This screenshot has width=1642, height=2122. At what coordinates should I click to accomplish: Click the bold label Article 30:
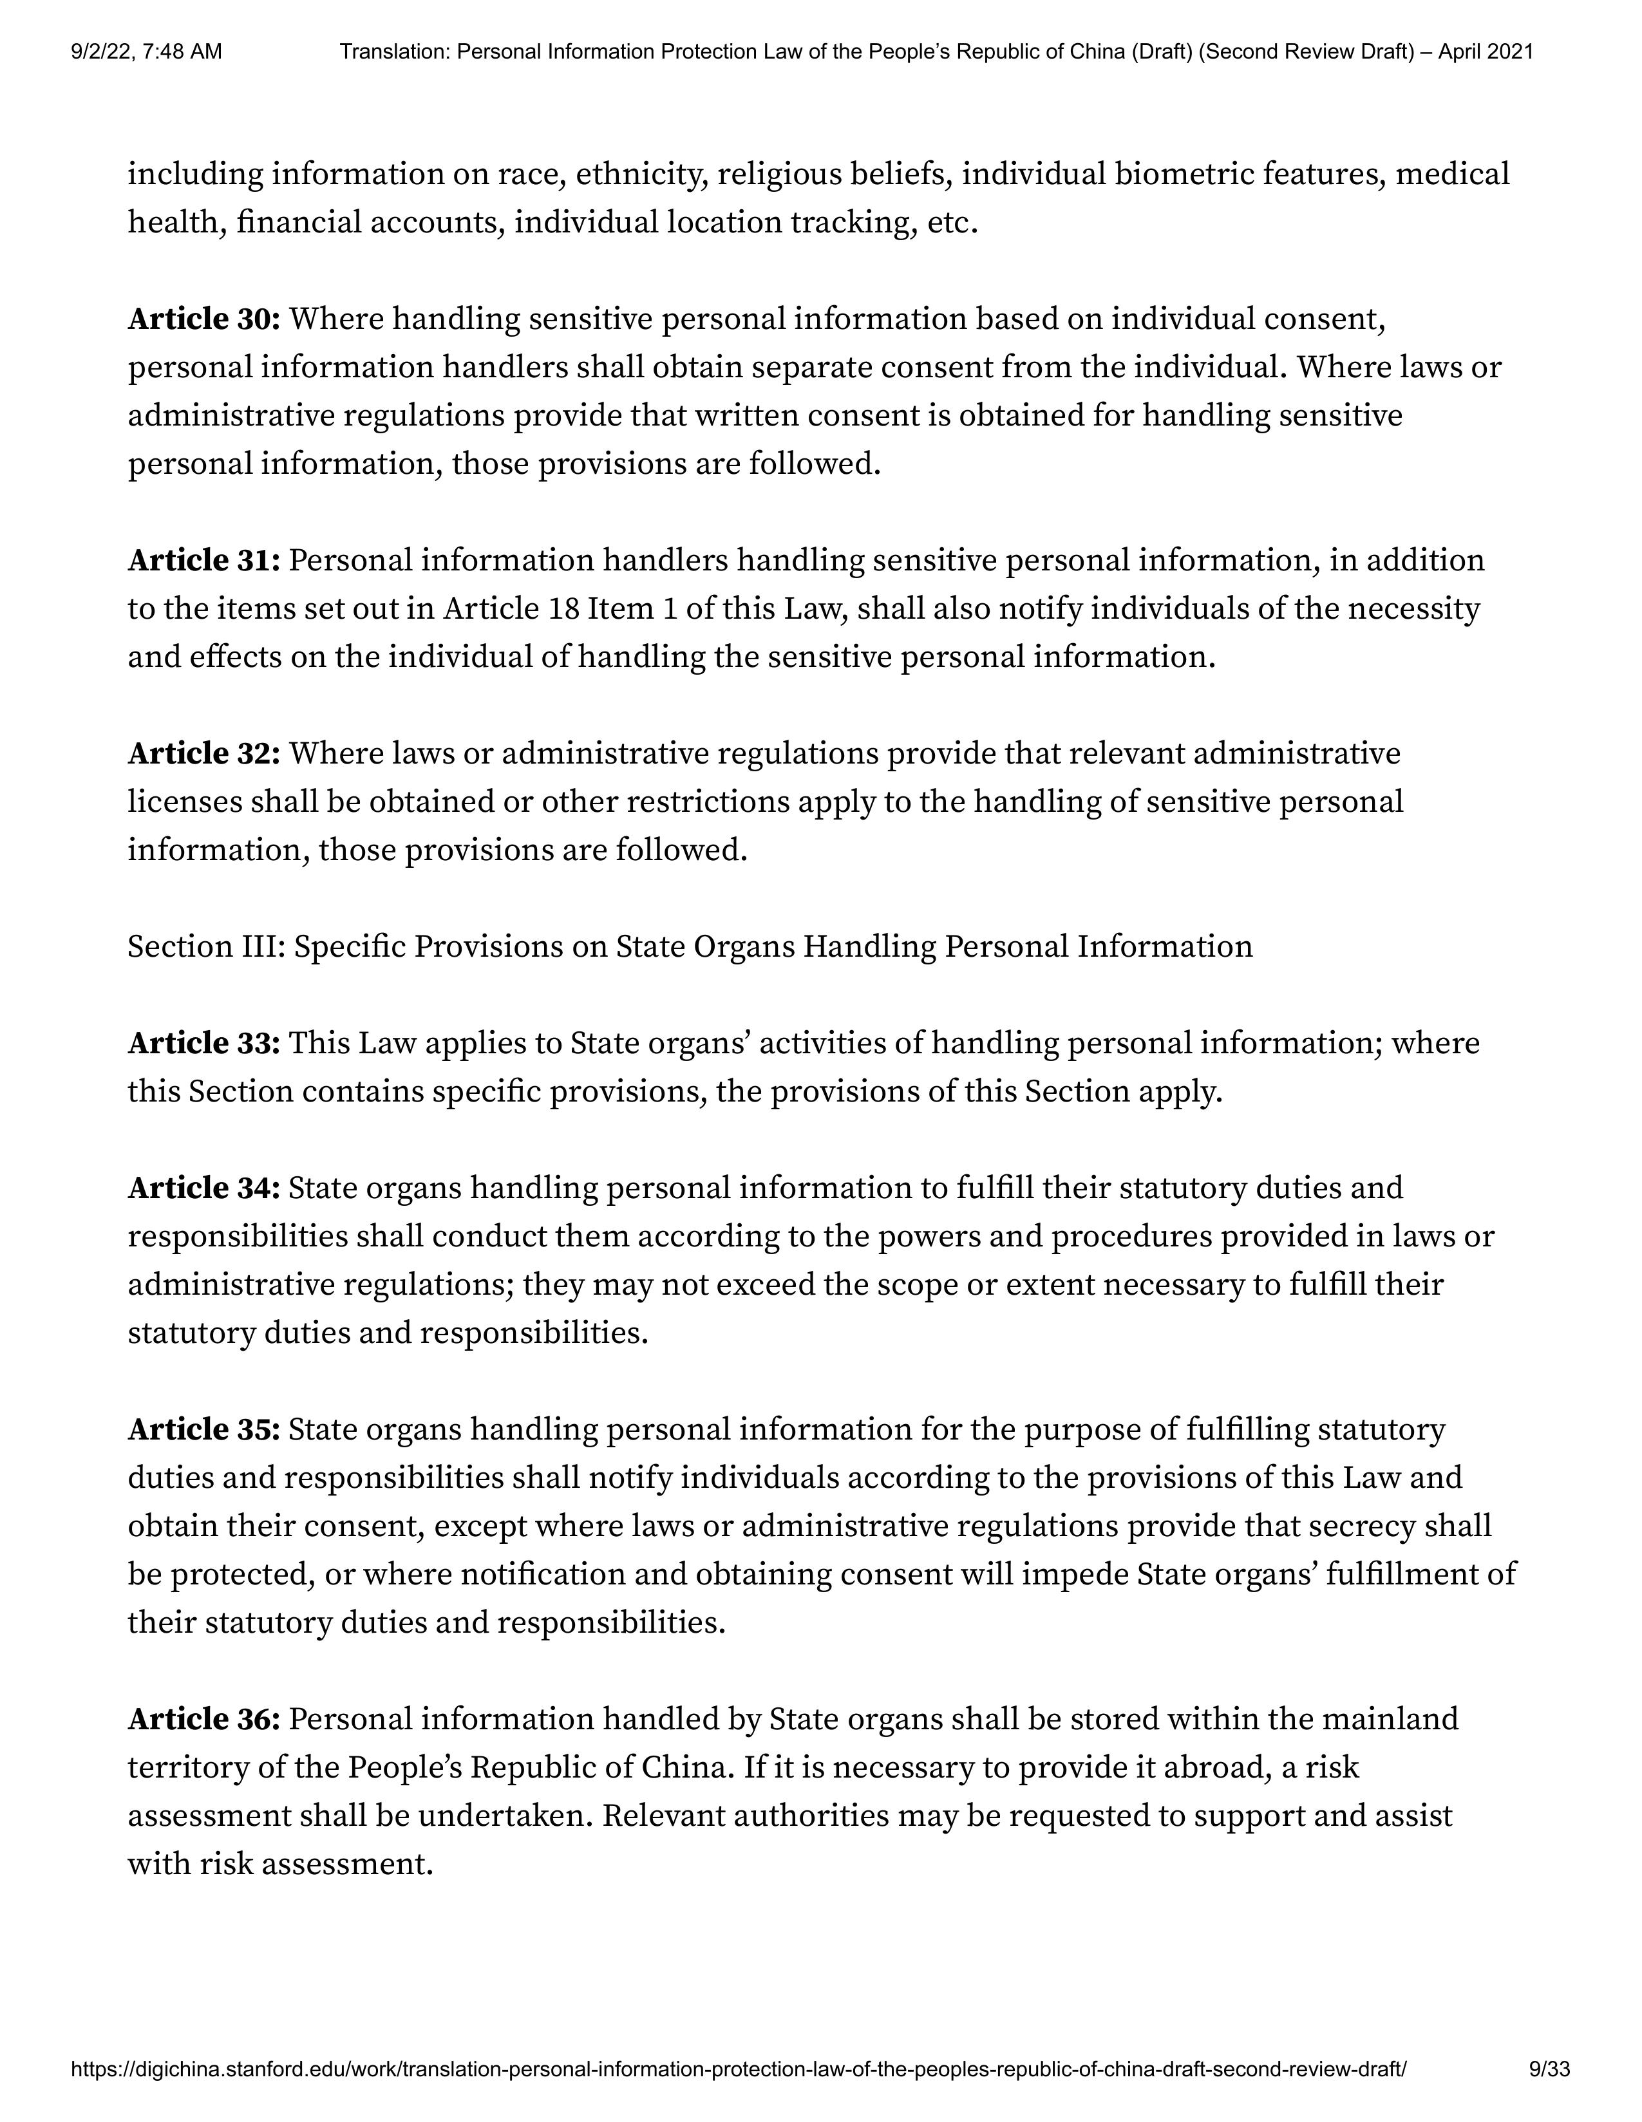click(204, 319)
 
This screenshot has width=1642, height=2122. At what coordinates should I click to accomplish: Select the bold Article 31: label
click(204, 561)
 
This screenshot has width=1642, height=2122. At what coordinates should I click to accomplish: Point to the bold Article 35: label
click(204, 1429)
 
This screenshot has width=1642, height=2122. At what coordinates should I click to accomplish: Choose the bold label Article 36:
click(204, 1719)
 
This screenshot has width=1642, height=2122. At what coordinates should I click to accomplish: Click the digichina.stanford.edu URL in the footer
click(739, 2070)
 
